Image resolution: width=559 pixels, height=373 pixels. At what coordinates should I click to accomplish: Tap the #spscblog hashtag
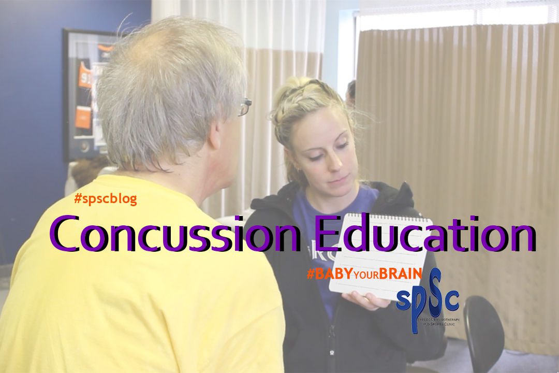106,198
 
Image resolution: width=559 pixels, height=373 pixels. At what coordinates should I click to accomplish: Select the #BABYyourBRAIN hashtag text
364,274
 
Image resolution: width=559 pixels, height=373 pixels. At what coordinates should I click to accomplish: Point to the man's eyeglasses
245,107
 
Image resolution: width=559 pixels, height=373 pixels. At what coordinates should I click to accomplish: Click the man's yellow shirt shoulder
104,218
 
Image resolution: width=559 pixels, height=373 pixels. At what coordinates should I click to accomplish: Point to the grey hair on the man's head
166,78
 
